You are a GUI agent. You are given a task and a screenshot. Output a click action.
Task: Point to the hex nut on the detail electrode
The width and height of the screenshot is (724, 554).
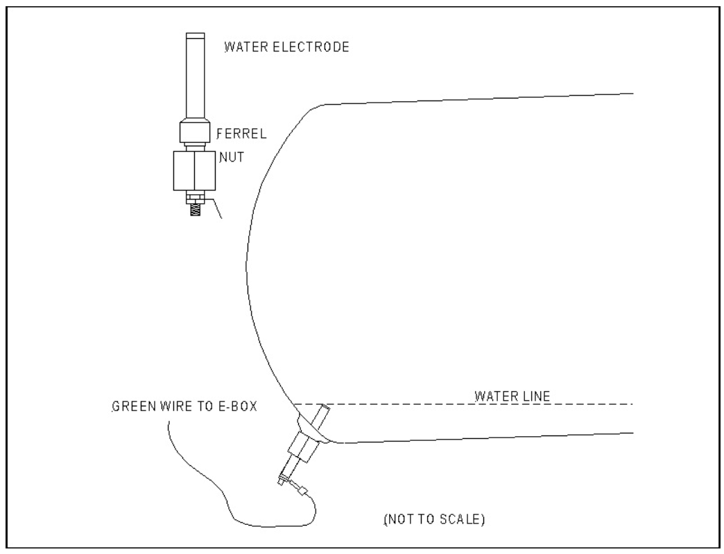pos(195,171)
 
